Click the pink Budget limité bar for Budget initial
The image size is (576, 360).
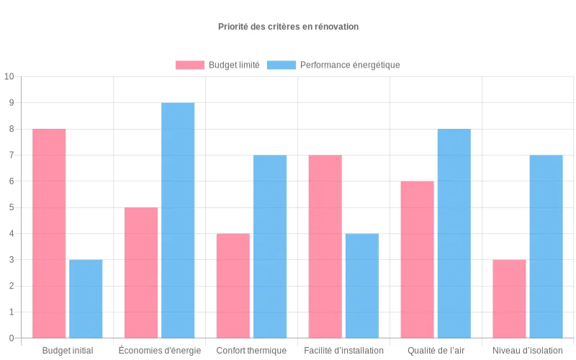click(x=49, y=233)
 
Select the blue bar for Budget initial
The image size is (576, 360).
click(x=86, y=299)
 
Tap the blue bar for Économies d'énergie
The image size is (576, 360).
click(x=178, y=220)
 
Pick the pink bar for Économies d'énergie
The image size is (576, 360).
click(x=141, y=273)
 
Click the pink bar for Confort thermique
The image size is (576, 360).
click(x=233, y=286)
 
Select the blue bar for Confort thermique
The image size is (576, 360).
click(x=270, y=246)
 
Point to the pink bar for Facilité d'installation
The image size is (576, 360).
click(x=325, y=246)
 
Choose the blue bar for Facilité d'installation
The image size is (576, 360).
click(x=362, y=286)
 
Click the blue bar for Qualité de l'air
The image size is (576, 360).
click(x=454, y=233)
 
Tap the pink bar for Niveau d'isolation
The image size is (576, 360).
click(x=510, y=299)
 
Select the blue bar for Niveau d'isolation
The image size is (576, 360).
click(x=546, y=246)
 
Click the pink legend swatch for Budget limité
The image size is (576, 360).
click(x=190, y=65)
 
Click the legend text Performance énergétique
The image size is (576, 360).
click(x=349, y=65)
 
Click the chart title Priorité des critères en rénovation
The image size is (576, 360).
click(x=288, y=27)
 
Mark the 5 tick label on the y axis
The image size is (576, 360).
click(x=11, y=207)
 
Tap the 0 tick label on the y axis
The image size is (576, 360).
click(x=11, y=338)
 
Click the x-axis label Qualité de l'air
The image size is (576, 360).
click(x=436, y=351)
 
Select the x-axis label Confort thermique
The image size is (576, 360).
click(x=251, y=351)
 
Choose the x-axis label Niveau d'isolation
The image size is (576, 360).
click(x=528, y=351)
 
